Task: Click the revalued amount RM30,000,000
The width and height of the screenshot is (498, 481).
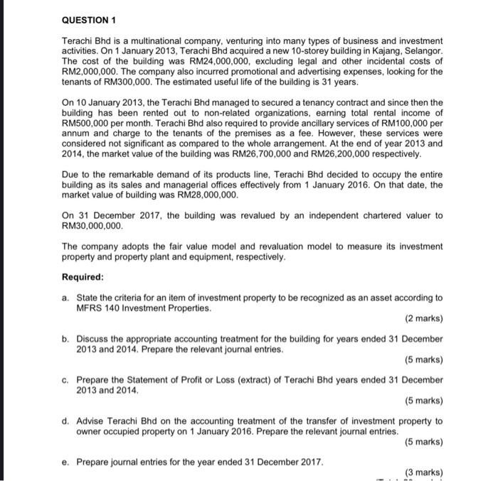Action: pyautogui.click(x=92, y=226)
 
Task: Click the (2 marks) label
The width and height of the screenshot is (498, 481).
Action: pyautogui.click(x=423, y=319)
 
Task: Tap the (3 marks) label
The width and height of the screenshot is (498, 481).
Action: pyautogui.click(x=423, y=472)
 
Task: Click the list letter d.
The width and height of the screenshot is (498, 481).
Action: pyautogui.click(x=65, y=421)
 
